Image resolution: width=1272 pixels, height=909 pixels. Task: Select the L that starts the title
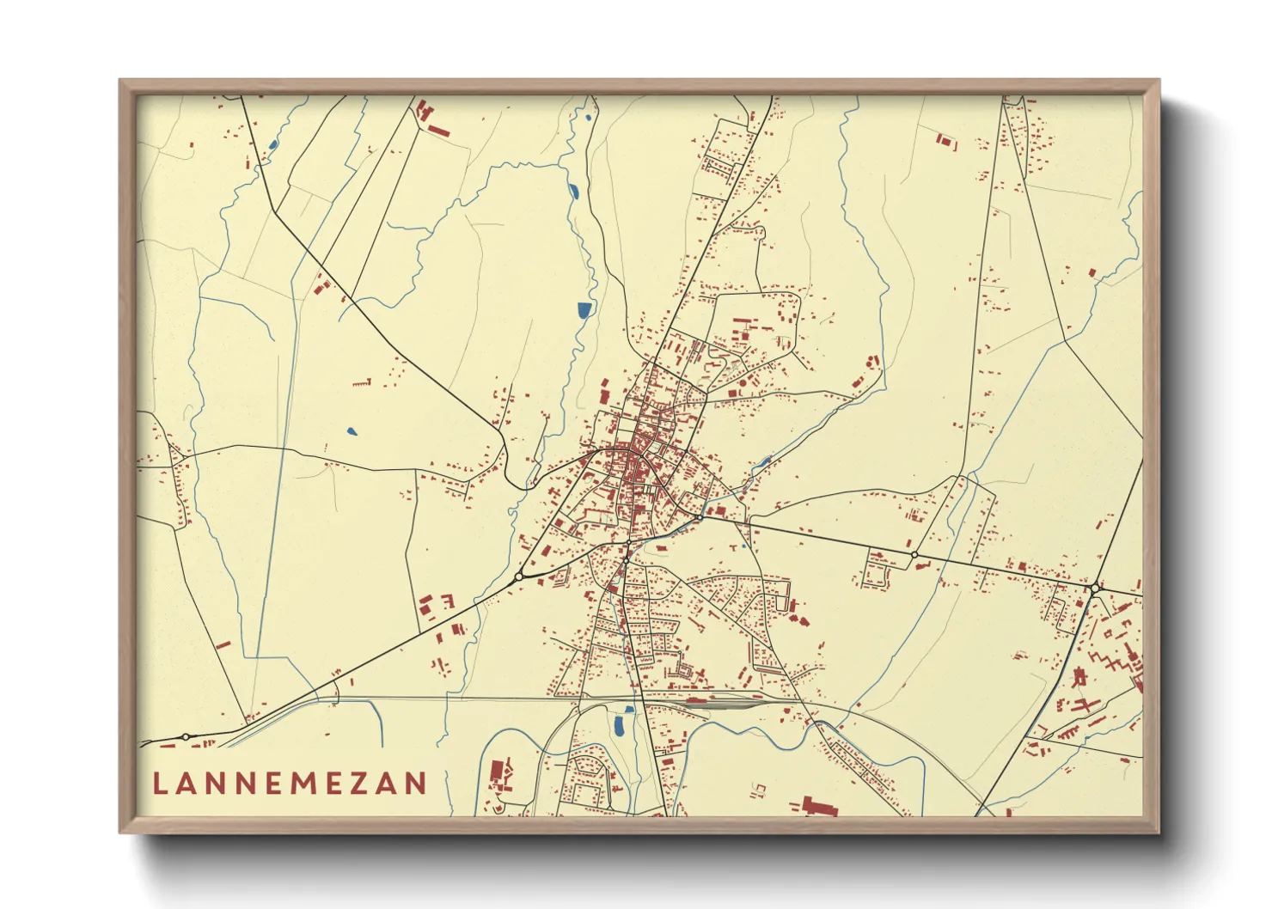pos(158,783)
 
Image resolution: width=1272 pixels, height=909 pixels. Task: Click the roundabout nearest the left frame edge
pos(186,736)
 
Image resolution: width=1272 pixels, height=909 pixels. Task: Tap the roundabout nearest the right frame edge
pos(1093,588)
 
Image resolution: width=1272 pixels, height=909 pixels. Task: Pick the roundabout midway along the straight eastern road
pos(914,555)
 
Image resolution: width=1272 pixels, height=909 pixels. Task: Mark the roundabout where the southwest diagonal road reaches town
pos(519,577)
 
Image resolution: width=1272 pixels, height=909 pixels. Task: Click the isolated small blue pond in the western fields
pos(351,431)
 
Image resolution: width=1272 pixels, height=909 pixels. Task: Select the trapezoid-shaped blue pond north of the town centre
pos(584,309)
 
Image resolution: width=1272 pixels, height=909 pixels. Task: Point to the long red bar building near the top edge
pos(438,131)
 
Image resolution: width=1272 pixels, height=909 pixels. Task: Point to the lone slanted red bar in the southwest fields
pos(223,644)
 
